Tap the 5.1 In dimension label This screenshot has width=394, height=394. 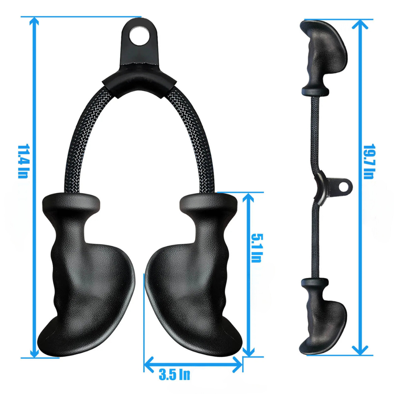click(x=257, y=248)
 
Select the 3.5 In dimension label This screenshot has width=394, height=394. click(x=174, y=375)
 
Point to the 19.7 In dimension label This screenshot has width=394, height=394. click(x=369, y=162)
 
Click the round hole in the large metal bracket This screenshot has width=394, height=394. click(x=139, y=36)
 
